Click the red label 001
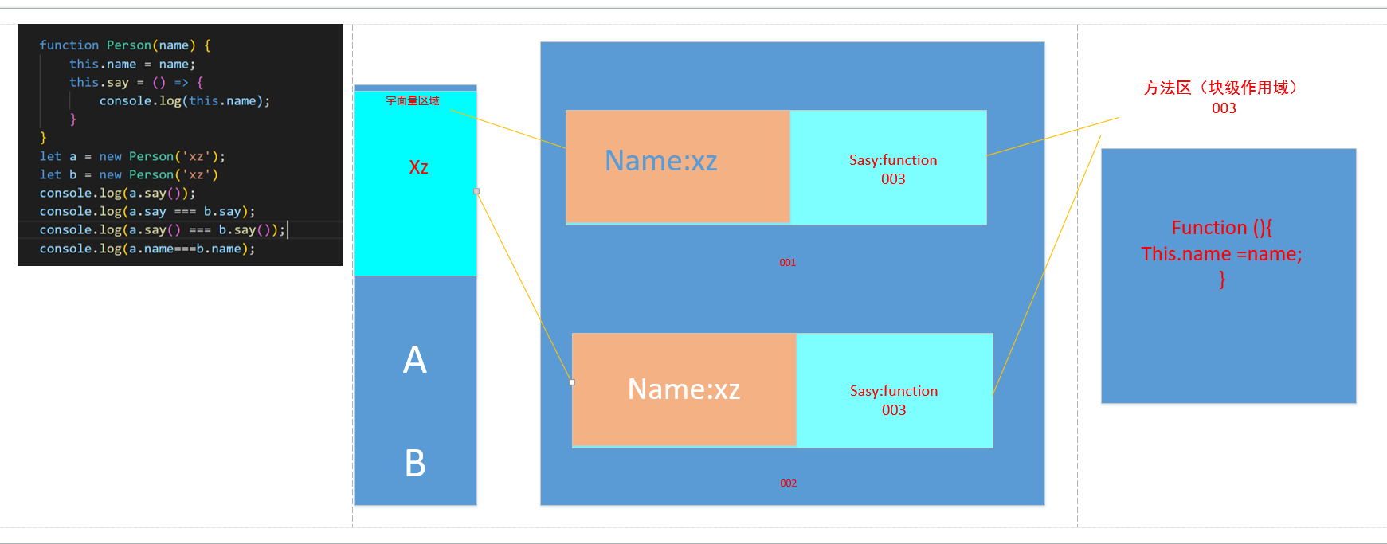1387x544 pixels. (x=787, y=262)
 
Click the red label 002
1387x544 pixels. (x=788, y=483)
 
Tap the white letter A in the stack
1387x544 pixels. (x=414, y=360)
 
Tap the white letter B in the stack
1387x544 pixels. (x=415, y=464)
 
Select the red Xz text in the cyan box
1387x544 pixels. (x=418, y=167)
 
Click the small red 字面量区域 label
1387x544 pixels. (x=413, y=100)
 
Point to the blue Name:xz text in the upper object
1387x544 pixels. (x=660, y=161)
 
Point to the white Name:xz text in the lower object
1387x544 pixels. (x=684, y=389)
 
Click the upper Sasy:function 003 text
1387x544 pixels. (x=892, y=169)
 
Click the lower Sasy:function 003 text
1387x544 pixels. (x=893, y=400)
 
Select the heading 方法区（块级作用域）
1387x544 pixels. (x=1224, y=88)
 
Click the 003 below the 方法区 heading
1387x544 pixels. (x=1224, y=108)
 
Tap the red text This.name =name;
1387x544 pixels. (x=1221, y=254)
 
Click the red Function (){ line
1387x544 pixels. (x=1221, y=228)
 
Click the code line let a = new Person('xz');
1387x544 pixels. (x=132, y=156)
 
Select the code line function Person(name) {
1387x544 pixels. (x=125, y=45)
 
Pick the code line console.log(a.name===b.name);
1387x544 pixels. (x=147, y=249)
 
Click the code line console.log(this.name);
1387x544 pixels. (x=184, y=100)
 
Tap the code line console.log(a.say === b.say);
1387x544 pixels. (x=147, y=211)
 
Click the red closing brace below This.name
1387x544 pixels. (x=1221, y=280)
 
